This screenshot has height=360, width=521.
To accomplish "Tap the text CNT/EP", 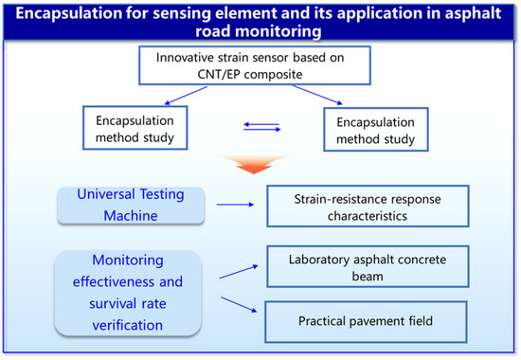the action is click(219, 74).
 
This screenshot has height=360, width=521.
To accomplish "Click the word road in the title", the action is click(212, 31).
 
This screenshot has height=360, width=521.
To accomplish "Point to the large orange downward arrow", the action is click(254, 164).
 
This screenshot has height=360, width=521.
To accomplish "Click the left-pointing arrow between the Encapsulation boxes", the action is click(261, 124).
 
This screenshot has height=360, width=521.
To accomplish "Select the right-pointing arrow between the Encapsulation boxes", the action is click(262, 129).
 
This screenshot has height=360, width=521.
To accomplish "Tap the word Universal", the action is click(106, 194).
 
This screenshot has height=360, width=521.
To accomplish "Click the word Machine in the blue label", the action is click(131, 216).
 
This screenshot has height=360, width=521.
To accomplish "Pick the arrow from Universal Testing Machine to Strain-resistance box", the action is click(235, 205).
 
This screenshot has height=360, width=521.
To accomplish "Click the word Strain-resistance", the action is click(339, 199).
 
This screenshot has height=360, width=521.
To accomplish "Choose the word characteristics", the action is click(368, 216).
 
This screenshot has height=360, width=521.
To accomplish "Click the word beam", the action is click(368, 277).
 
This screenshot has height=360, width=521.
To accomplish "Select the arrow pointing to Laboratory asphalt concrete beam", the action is click(239, 272).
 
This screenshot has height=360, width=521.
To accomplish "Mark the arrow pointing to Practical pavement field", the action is click(239, 304).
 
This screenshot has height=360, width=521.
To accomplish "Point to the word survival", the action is click(111, 303).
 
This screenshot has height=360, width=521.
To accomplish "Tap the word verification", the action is click(128, 325).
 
